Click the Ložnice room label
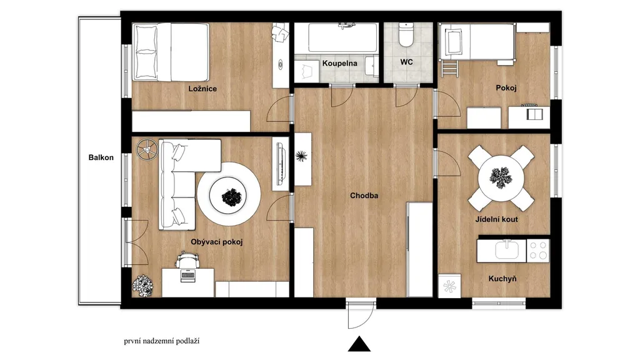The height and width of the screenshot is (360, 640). [x=202, y=89]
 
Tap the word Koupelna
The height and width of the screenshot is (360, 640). [x=339, y=63]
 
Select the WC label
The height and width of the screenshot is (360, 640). [x=406, y=62]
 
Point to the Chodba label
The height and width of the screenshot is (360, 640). [x=364, y=196]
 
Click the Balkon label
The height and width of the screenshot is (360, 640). [x=101, y=157]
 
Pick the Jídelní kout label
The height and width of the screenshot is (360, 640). [x=497, y=219]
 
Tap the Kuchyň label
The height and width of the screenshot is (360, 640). [x=502, y=279]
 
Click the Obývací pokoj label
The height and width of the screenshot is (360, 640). [x=217, y=242]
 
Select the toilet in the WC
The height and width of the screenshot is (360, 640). [x=406, y=35]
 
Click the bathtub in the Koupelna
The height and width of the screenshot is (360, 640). [x=342, y=37]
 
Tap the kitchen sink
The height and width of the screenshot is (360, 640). [x=507, y=250]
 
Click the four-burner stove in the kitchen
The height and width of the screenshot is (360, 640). [x=538, y=251]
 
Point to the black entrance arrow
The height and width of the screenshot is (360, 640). [x=359, y=344]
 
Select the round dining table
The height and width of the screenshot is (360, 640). [x=501, y=177]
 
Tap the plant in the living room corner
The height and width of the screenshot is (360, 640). [x=143, y=285]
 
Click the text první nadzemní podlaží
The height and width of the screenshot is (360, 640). [x=162, y=341]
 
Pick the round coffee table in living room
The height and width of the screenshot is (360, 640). [x=229, y=194]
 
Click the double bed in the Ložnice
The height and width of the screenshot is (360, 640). [x=171, y=52]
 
